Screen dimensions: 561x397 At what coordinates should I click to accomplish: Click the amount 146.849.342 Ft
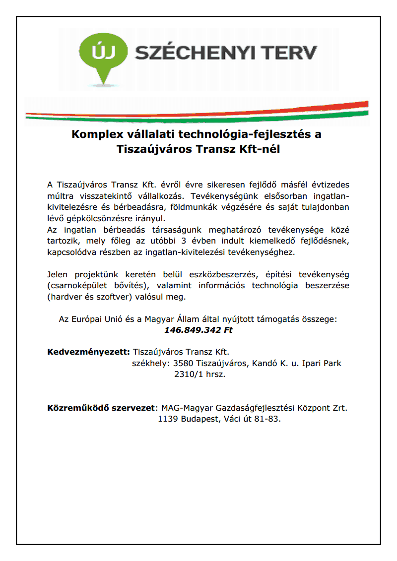pos(198,330)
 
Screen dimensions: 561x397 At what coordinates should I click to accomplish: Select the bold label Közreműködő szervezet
pos(101,409)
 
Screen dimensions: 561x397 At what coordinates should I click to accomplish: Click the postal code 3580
pos(183,364)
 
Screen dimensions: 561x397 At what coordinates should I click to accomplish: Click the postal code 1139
pos(168,420)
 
